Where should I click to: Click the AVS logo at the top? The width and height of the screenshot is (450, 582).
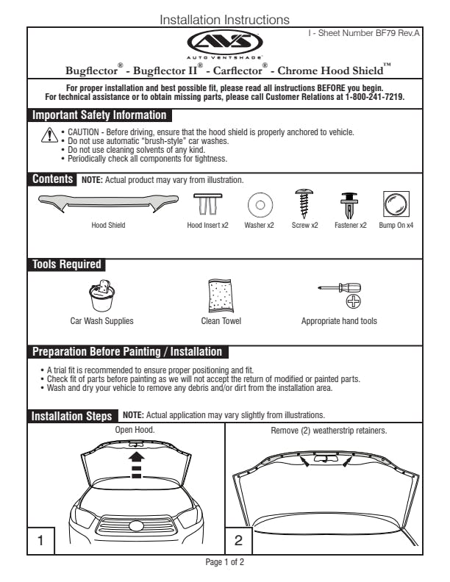tap(225, 42)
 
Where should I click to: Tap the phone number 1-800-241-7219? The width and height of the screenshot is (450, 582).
tap(374, 97)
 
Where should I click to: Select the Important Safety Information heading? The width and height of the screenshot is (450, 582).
tap(99, 115)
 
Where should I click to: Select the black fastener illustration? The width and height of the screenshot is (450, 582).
tap(349, 204)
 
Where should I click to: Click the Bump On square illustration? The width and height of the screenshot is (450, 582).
tap(396, 202)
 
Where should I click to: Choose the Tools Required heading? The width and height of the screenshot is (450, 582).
tap(67, 265)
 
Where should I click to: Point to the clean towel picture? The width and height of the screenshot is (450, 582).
tap(221, 296)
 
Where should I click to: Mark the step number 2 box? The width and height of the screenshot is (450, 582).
tap(238, 540)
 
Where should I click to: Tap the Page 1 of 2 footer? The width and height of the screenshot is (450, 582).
tap(225, 562)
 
